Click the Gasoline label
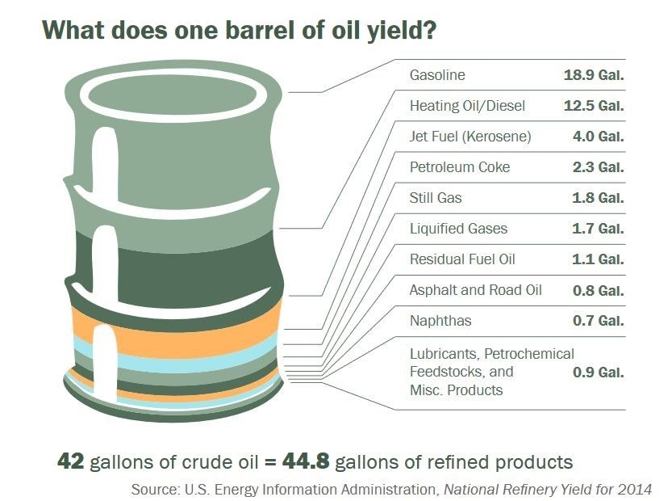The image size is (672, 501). [x=437, y=75]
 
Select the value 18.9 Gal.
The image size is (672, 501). [x=594, y=75]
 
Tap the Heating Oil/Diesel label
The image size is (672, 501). [x=467, y=106]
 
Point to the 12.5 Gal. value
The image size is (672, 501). [x=594, y=106]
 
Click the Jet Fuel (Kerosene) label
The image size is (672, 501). [x=470, y=137]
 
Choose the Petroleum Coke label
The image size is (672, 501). [x=460, y=167]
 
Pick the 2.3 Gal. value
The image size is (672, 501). [x=599, y=167]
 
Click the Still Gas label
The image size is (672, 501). [x=436, y=198]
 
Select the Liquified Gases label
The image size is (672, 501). [x=458, y=229]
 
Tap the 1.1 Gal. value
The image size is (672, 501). [x=599, y=259]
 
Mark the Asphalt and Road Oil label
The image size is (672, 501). [x=476, y=290]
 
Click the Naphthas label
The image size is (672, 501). [x=440, y=321]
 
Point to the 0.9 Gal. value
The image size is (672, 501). [x=599, y=373]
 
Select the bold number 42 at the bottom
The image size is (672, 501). [x=71, y=461]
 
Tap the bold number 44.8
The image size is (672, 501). [x=306, y=461]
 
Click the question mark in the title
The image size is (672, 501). [x=429, y=30]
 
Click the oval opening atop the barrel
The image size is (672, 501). [x=173, y=95]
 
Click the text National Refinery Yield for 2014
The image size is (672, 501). [x=548, y=490]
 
